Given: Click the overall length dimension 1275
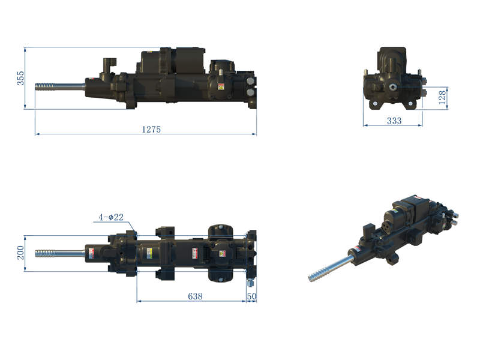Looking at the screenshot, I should tap(151, 129).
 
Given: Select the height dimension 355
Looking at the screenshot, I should tap(20, 78).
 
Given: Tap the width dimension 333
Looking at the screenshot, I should tap(394, 121).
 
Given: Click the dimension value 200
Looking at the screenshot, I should tap(20, 252).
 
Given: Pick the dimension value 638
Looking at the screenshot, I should tap(195, 296).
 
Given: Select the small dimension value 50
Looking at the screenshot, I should tap(251, 296).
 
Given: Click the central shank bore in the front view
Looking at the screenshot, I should tap(393, 87).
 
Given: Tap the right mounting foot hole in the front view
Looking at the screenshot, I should tap(411, 106).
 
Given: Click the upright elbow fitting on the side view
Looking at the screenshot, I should tap(109, 65).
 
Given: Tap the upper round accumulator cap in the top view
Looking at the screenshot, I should tap(220, 232).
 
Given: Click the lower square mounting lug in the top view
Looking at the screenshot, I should tap(165, 274).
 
